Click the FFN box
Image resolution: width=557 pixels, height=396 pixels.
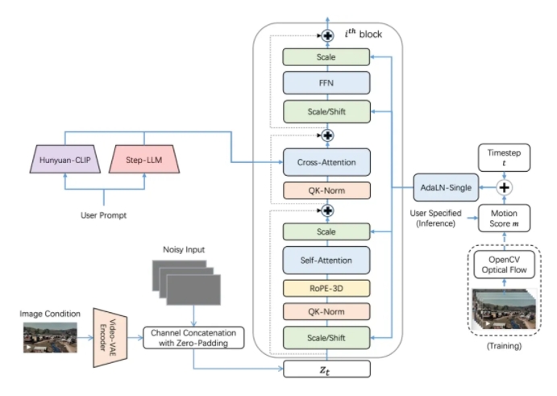(326, 84)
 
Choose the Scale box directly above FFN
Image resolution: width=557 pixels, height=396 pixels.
(326, 58)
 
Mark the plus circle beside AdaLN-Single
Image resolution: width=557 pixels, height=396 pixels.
(505, 186)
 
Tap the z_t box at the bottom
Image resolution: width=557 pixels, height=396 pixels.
(326, 369)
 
